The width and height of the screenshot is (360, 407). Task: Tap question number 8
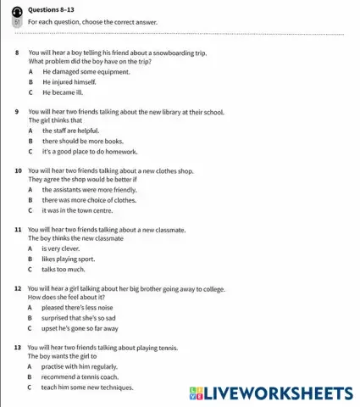[18, 53]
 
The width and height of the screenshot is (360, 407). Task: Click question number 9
[18, 111]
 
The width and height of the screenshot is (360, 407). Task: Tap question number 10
[19, 170]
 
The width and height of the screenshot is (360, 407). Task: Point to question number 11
[19, 229]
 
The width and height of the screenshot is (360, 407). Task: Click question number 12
[19, 288]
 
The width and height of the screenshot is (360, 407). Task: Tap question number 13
[19, 348]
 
